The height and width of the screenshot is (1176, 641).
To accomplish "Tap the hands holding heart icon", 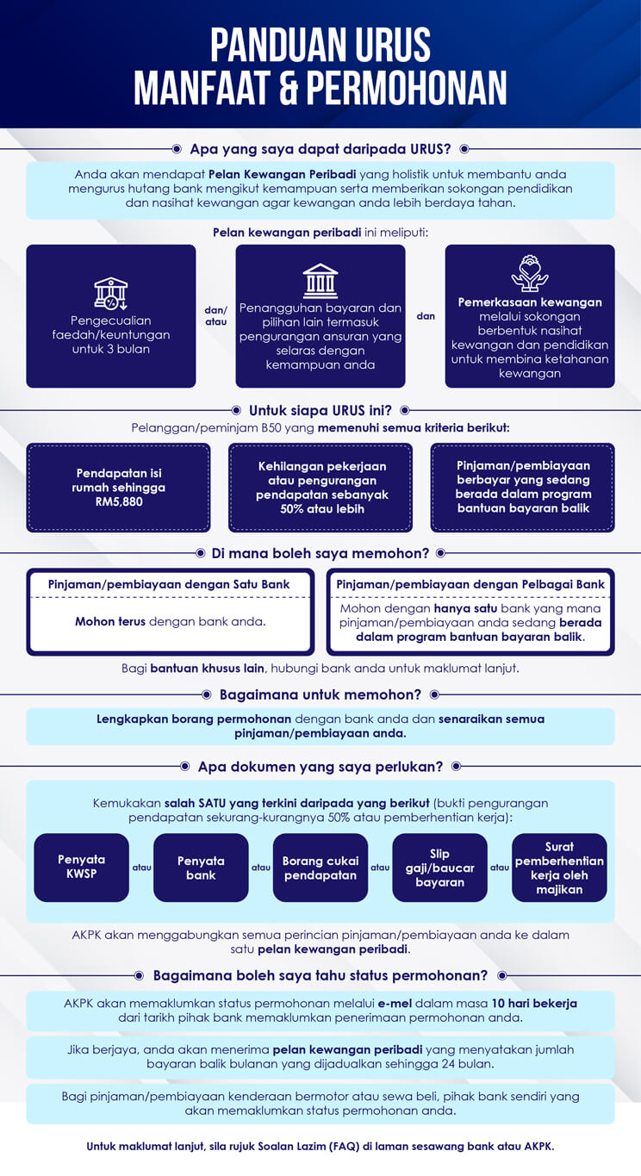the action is pyautogui.click(x=530, y=273).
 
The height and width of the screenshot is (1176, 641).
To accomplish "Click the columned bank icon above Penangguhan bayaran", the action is pyautogui.click(x=320, y=282).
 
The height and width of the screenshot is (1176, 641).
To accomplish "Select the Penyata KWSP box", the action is pyautogui.click(x=81, y=868).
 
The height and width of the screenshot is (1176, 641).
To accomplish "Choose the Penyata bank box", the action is pyautogui.click(x=201, y=868).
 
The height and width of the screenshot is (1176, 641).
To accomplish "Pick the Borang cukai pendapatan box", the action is pyautogui.click(x=320, y=868).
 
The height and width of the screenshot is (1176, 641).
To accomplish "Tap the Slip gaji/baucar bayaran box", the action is pyautogui.click(x=440, y=868).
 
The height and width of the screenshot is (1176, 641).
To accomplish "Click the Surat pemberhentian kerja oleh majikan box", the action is pyautogui.click(x=560, y=868).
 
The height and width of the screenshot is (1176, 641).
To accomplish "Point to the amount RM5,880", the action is pyautogui.click(x=119, y=501).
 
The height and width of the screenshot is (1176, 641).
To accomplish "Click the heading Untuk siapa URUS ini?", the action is pyautogui.click(x=320, y=410).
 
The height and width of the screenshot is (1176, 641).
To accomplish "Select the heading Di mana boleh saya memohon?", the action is pyautogui.click(x=320, y=553).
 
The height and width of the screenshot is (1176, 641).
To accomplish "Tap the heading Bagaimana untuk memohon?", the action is pyautogui.click(x=320, y=694).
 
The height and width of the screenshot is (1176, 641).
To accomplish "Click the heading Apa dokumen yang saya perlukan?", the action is pyautogui.click(x=320, y=767).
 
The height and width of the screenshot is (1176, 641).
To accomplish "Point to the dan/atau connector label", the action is pyautogui.click(x=215, y=316).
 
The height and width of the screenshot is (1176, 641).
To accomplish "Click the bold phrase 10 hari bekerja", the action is pyautogui.click(x=534, y=1004).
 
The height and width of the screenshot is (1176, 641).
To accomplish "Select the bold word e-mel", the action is pyautogui.click(x=395, y=1004).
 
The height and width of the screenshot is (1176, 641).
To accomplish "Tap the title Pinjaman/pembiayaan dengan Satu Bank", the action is pyautogui.click(x=169, y=584).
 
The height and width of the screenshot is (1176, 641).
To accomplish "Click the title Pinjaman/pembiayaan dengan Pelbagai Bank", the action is pyautogui.click(x=470, y=584).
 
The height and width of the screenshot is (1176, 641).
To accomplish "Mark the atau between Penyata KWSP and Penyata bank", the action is pyautogui.click(x=142, y=868).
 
